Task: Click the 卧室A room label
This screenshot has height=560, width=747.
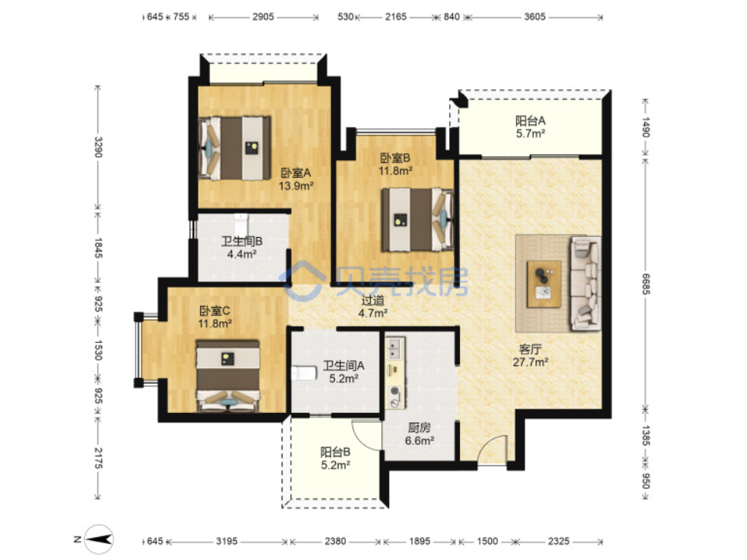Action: pyautogui.click(x=295, y=173)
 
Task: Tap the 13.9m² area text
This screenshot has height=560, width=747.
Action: pyautogui.click(x=296, y=186)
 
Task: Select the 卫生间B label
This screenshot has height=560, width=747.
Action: pyautogui.click(x=241, y=242)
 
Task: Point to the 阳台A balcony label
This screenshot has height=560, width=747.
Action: pyautogui.click(x=530, y=121)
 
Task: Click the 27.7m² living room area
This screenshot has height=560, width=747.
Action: pyautogui.click(x=530, y=362)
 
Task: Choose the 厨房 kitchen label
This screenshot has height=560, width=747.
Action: pyautogui.click(x=420, y=428)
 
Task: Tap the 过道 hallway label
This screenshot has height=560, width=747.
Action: pyautogui.click(x=372, y=300)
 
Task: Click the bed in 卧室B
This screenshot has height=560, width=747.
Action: pyautogui.click(x=417, y=219)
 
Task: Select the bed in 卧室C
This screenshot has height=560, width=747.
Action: pyautogui.click(x=228, y=376)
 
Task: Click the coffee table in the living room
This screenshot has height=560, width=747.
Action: pyautogui.click(x=544, y=284)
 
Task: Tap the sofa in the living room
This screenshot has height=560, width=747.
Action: pyautogui.click(x=586, y=283)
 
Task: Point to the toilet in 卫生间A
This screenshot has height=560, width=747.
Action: pyautogui.click(x=305, y=373)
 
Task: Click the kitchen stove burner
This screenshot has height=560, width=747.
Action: pyautogui.click(x=395, y=397)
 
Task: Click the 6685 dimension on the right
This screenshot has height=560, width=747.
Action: pyautogui.click(x=646, y=283)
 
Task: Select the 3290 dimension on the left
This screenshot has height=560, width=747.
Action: pyautogui.click(x=97, y=147)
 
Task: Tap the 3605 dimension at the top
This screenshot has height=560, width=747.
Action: pyautogui.click(x=535, y=17)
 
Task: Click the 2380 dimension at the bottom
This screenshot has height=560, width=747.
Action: pyautogui.click(x=335, y=541)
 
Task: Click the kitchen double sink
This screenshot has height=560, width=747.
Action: pyautogui.click(x=394, y=348)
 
